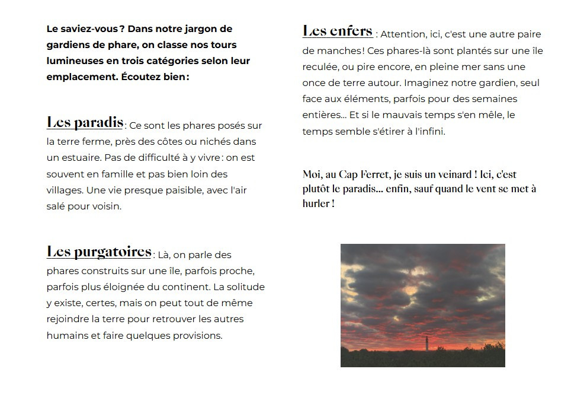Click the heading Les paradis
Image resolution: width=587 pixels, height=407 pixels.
85,123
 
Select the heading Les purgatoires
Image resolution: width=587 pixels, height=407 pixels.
99,252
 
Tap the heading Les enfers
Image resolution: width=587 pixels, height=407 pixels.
337,31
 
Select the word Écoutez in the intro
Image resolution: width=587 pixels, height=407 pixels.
144,77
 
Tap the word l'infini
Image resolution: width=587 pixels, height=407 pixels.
426,132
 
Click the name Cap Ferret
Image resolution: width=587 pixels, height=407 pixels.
360,174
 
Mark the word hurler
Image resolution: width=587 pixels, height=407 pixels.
316,203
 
